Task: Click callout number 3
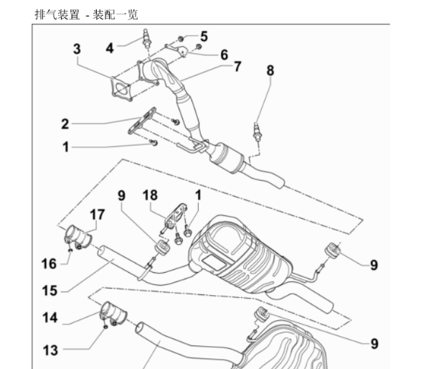(77, 49)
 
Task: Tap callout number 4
(110, 49)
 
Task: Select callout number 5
(204, 36)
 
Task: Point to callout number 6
(224, 55)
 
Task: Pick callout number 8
(270, 70)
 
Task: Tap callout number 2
(65, 123)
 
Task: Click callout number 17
(97, 215)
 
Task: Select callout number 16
(48, 263)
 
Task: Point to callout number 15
(49, 290)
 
